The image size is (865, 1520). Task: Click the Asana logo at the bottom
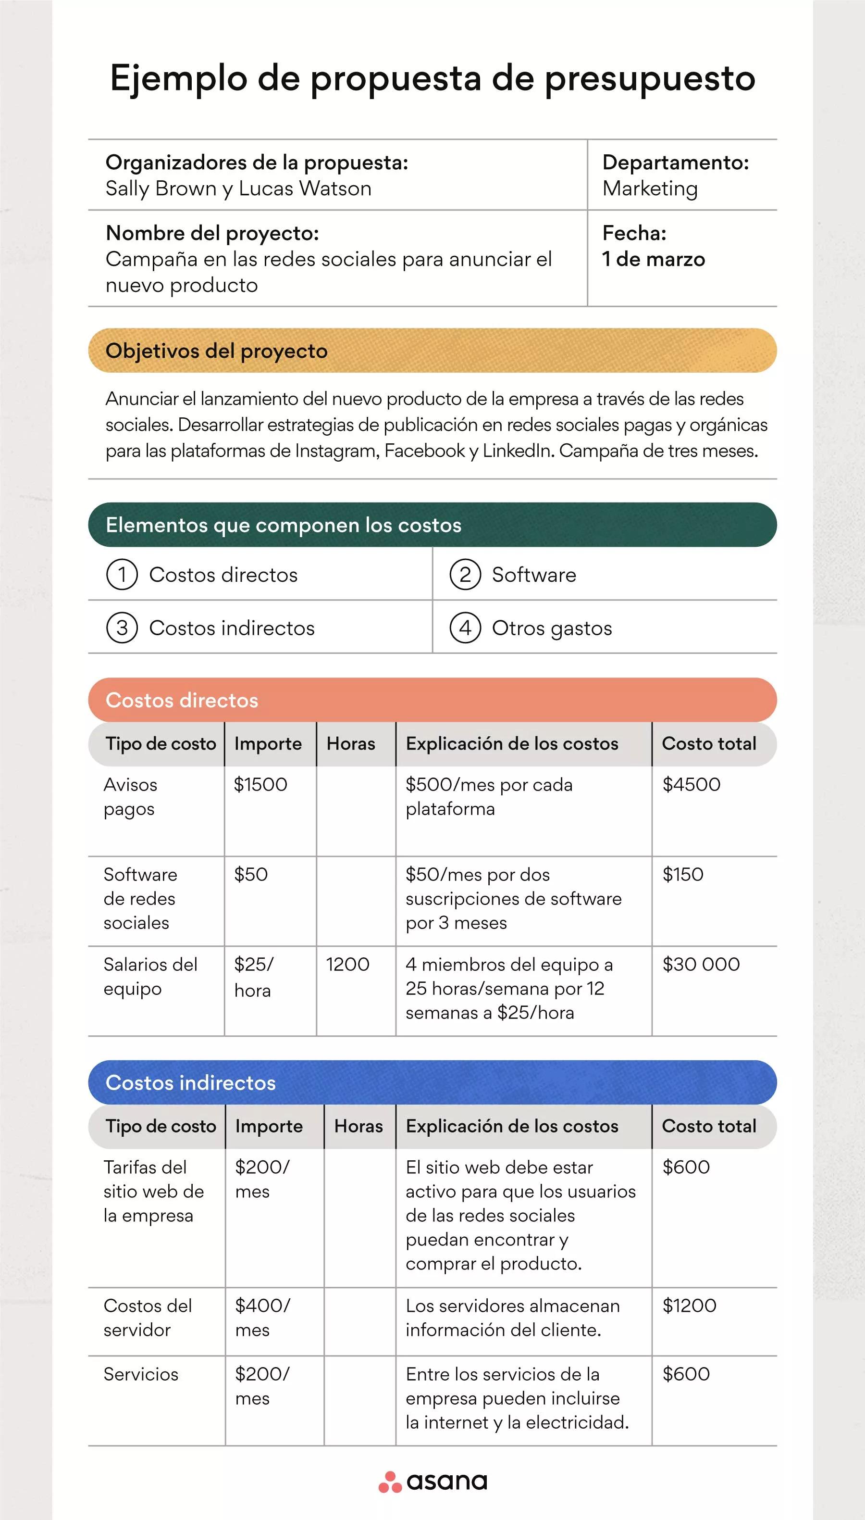click(432, 1482)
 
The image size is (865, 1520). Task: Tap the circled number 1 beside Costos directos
click(122, 575)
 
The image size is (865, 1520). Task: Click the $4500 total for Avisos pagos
click(692, 785)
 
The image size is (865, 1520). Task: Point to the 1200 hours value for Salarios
click(347, 964)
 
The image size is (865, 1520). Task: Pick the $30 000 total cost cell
click(701, 964)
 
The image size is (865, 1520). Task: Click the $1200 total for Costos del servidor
click(689, 1306)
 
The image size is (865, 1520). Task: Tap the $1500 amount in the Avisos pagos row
click(260, 785)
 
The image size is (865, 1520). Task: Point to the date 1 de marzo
click(654, 259)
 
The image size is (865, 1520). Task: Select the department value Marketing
click(650, 188)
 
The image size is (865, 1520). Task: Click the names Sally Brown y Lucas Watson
click(238, 188)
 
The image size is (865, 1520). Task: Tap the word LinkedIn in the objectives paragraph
click(518, 451)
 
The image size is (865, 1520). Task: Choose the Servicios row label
click(141, 1374)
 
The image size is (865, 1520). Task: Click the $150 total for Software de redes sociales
click(682, 874)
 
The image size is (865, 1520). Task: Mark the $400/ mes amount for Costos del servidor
click(262, 1317)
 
